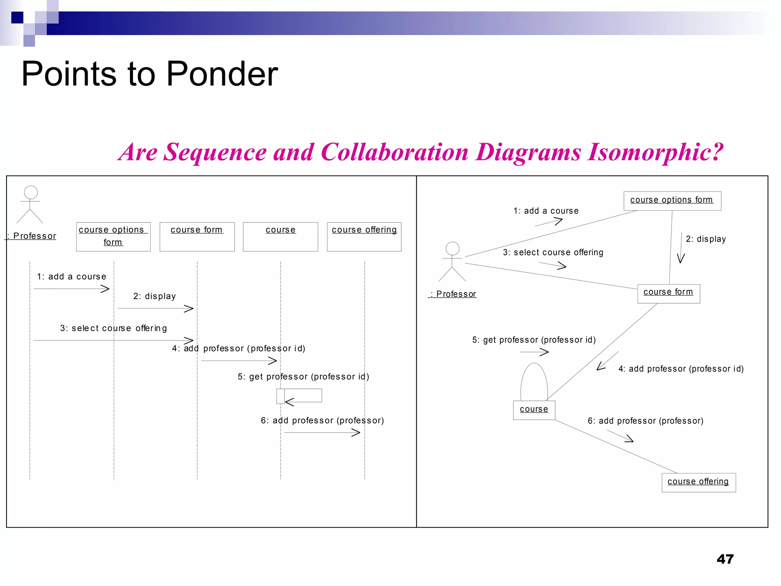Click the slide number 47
725,559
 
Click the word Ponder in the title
222,74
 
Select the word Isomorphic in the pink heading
655,152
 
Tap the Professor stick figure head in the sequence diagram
31,192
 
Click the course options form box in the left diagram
113,237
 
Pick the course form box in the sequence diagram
197,237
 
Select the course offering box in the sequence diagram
364,237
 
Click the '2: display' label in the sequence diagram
154,296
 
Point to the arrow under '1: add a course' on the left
72,289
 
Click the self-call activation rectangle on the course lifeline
280,396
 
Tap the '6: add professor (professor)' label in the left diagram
322,420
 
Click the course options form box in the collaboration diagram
672,201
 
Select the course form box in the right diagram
669,293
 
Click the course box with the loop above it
534,410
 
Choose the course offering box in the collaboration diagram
698,482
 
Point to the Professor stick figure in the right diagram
452,262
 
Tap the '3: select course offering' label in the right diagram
553,253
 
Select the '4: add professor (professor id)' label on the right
681,369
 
